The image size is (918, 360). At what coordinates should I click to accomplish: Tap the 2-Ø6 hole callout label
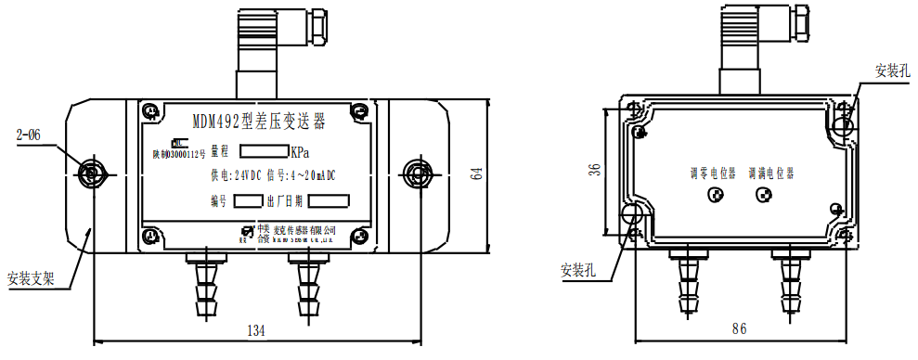tap(31, 136)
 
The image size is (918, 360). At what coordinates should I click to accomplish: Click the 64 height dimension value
tap(477, 174)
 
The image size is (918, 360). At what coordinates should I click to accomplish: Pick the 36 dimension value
tap(595, 168)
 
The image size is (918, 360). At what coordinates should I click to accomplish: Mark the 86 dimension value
tap(739, 329)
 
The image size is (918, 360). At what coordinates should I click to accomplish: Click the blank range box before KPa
tap(264, 151)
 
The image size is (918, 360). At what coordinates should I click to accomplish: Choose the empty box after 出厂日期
tap(328, 200)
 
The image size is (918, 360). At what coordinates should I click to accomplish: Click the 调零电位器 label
tap(712, 173)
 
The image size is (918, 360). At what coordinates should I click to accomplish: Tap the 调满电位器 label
tap(771, 173)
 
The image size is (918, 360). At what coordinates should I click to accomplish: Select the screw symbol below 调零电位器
tap(716, 195)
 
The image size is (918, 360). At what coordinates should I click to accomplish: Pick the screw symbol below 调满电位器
tap(764, 195)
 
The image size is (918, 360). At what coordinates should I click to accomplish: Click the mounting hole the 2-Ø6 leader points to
tap(90, 173)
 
